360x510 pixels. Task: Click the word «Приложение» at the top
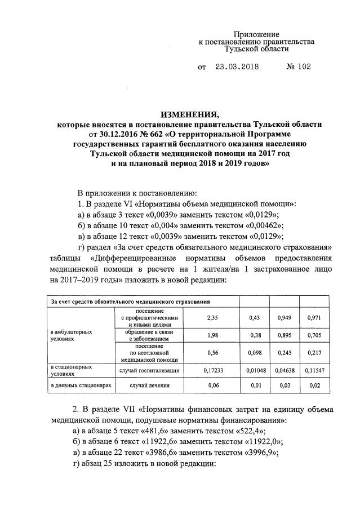[x=257, y=34]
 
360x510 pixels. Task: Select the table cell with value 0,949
[x=284, y=318]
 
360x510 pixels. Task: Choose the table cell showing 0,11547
[x=314, y=370]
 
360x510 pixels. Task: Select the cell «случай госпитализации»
[x=149, y=370]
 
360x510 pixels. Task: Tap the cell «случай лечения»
[x=149, y=385]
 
